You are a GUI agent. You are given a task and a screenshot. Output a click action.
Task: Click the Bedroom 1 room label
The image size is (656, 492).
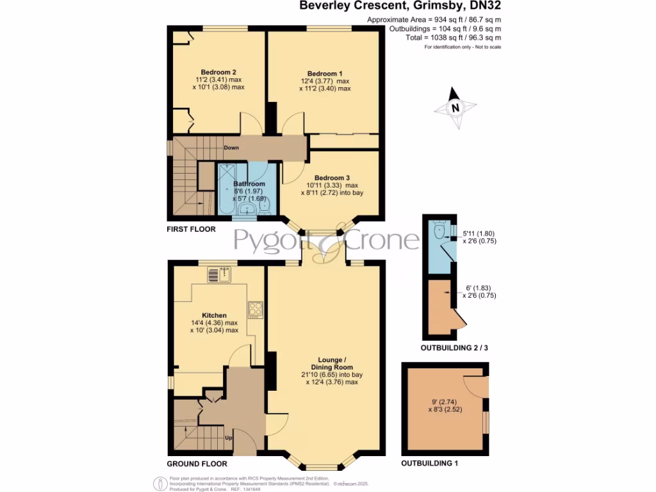coord(325,73)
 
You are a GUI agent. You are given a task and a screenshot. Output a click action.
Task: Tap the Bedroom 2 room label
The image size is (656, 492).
coord(218,72)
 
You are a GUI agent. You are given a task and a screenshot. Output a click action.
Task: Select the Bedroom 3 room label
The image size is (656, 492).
coord(332,177)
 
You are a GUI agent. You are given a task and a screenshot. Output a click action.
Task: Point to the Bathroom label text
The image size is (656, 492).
coord(249,184)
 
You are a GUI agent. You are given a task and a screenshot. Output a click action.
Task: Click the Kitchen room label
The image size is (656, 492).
coord(214,316)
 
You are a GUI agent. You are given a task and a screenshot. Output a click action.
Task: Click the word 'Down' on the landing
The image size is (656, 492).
coord(232,148)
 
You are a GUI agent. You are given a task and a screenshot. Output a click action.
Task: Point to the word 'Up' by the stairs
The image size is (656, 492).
coord(227,438)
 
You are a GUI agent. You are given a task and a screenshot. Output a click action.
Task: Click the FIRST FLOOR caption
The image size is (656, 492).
coord(191,229)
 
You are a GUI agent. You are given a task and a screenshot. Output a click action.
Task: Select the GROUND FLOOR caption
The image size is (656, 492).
coord(197,463)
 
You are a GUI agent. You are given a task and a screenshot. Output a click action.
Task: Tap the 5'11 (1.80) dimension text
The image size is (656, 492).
coord(479,234)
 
